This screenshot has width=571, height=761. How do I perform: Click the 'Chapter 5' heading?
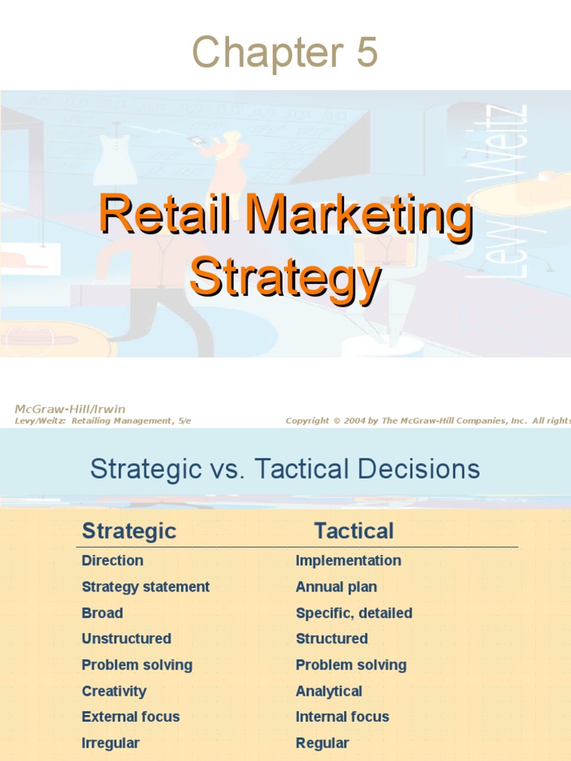coord(285,54)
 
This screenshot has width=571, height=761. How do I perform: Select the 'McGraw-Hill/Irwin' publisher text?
coord(70,409)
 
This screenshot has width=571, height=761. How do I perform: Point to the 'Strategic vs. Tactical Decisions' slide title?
coord(285,469)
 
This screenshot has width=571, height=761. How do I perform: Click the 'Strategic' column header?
coord(129,531)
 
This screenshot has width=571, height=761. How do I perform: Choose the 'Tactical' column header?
coord(353,531)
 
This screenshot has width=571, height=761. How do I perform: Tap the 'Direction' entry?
coord(112,560)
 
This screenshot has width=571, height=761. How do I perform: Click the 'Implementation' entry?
coord(348,560)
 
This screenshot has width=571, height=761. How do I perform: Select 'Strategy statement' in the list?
coord(146,586)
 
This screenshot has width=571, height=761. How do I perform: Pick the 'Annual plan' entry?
coord(336,586)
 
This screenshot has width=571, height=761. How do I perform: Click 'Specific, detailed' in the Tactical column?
coord(354,613)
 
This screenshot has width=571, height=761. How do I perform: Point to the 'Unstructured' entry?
coord(126,638)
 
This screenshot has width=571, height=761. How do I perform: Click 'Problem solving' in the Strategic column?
coord(137,665)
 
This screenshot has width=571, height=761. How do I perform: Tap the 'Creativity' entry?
coord(114,691)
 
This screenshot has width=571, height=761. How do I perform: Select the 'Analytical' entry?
coord(329,691)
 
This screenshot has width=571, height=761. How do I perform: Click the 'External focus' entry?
coord(131,717)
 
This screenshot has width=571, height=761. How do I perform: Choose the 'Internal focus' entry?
coord(342,717)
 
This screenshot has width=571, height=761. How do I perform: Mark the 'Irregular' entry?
coord(111,743)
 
